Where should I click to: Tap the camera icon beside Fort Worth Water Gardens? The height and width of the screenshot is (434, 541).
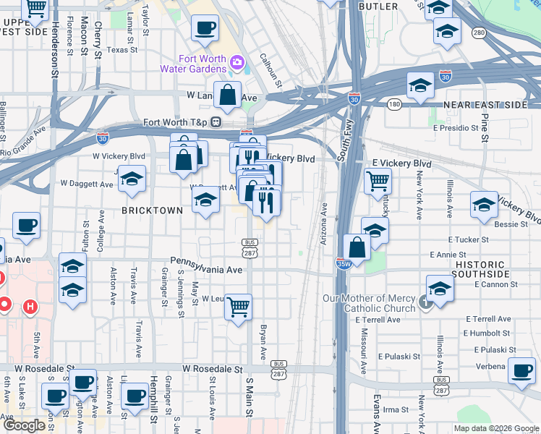pyautogui.click(x=237, y=63)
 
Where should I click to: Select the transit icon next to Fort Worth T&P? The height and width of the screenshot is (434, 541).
pyautogui.click(x=216, y=122)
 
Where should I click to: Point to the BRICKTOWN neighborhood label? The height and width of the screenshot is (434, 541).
pyautogui.click(x=152, y=210)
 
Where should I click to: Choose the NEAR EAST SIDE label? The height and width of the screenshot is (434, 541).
pyautogui.click(x=485, y=105)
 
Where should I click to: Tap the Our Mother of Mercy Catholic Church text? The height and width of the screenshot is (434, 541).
pyautogui.click(x=369, y=304)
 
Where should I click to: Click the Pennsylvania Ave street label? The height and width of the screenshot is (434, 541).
pyautogui.click(x=206, y=270)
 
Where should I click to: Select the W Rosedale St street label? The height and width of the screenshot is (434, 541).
pyautogui.click(x=210, y=368)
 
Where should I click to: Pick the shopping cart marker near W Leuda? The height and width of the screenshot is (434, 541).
pyautogui.click(x=238, y=307)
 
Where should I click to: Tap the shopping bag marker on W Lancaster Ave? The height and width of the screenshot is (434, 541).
pyautogui.click(x=227, y=95)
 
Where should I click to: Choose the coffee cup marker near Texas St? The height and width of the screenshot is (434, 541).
pyautogui.click(x=205, y=28)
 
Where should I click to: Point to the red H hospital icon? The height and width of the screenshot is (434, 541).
pyautogui.click(x=30, y=307)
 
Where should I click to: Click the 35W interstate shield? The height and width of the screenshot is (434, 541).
pyautogui.click(x=344, y=263)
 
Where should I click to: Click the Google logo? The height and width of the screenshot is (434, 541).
pyautogui.click(x=25, y=425)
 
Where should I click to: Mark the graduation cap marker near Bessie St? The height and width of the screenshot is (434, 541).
pyautogui.click(x=483, y=204)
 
